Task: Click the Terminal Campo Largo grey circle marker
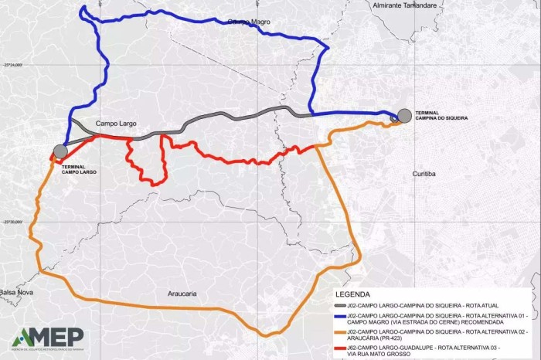[x=60, y=150]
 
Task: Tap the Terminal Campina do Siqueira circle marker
[x=404, y=116]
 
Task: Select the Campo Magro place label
[x=250, y=22]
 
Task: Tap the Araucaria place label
[x=183, y=294]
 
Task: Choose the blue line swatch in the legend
[x=341, y=316]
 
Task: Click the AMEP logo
[x=47, y=338]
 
